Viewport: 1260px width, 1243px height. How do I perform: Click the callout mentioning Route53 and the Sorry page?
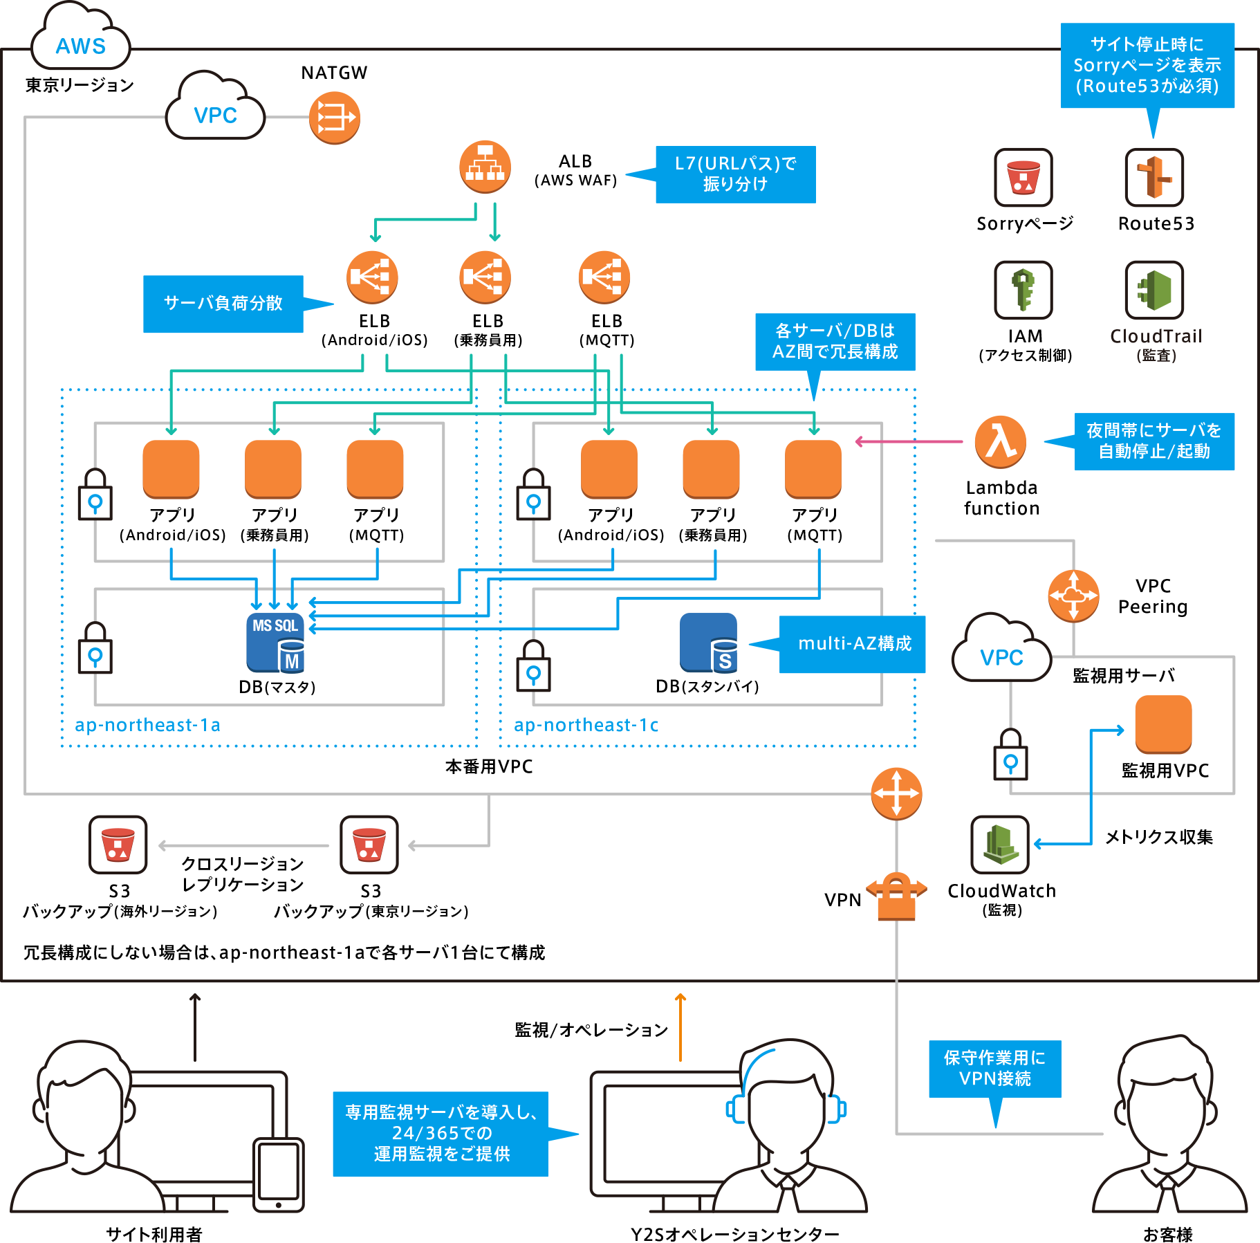(1147, 66)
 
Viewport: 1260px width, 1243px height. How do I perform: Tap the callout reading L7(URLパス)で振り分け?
(736, 174)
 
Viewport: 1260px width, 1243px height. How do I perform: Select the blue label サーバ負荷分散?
(223, 304)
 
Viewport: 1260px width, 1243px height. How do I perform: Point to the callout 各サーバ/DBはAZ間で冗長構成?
(835, 341)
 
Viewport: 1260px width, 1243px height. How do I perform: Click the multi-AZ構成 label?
(855, 644)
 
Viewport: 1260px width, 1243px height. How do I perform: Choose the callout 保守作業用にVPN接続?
(994, 1068)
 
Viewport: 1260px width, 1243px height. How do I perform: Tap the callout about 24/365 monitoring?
(460, 1133)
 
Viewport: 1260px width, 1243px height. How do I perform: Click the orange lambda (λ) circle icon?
(1001, 441)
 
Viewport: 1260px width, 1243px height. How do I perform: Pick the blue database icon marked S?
(719, 644)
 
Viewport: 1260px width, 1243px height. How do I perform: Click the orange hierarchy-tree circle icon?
(485, 167)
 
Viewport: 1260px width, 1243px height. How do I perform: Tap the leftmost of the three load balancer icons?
(371, 277)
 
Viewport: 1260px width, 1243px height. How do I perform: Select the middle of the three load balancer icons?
(485, 277)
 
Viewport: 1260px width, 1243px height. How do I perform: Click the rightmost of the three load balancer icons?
(604, 277)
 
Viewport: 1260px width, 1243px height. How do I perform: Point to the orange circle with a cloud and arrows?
(1073, 596)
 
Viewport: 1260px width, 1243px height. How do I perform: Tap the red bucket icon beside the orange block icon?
(1028, 177)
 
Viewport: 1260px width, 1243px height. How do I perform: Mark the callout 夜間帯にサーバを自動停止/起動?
(1154, 441)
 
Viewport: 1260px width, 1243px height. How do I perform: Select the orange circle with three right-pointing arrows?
(334, 118)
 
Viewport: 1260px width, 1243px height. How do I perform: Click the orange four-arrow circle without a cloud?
(896, 793)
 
